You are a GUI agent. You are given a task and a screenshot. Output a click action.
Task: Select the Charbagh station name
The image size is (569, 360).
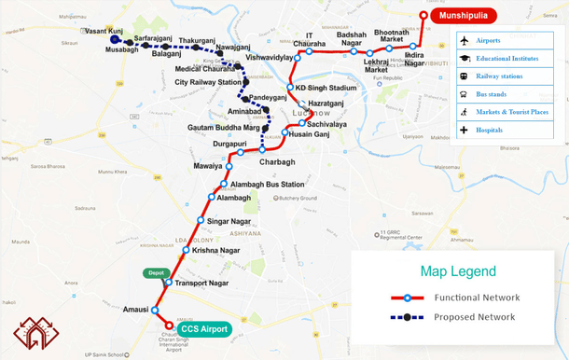(x=277, y=161)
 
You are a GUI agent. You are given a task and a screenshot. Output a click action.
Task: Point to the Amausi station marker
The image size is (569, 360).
(x=155, y=311)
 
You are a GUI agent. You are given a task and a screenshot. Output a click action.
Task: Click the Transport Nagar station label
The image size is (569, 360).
(x=202, y=283)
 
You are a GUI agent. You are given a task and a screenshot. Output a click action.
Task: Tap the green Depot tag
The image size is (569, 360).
(x=155, y=272)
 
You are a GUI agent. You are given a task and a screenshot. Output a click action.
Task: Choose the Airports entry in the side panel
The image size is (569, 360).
(x=489, y=40)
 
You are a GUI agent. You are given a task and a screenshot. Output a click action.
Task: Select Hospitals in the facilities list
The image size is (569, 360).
(x=489, y=130)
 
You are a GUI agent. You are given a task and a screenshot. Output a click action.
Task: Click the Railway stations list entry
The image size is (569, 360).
(x=499, y=76)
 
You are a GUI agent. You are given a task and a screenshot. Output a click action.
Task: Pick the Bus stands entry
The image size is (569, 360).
(x=491, y=94)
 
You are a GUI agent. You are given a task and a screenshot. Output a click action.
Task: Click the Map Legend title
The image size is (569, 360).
(x=457, y=271)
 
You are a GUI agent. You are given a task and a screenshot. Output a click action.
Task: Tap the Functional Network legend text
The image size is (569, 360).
(x=476, y=298)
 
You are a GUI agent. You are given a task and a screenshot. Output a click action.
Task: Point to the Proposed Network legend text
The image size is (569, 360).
(x=474, y=317)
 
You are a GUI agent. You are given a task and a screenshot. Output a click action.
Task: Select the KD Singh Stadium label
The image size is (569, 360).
(x=326, y=89)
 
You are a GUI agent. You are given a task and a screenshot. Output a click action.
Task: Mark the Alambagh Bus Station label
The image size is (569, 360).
(x=268, y=185)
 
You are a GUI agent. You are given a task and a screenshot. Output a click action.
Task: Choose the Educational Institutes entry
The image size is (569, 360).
(x=507, y=58)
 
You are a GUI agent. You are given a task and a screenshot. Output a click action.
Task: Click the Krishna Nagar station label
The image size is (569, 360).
(x=217, y=251)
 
